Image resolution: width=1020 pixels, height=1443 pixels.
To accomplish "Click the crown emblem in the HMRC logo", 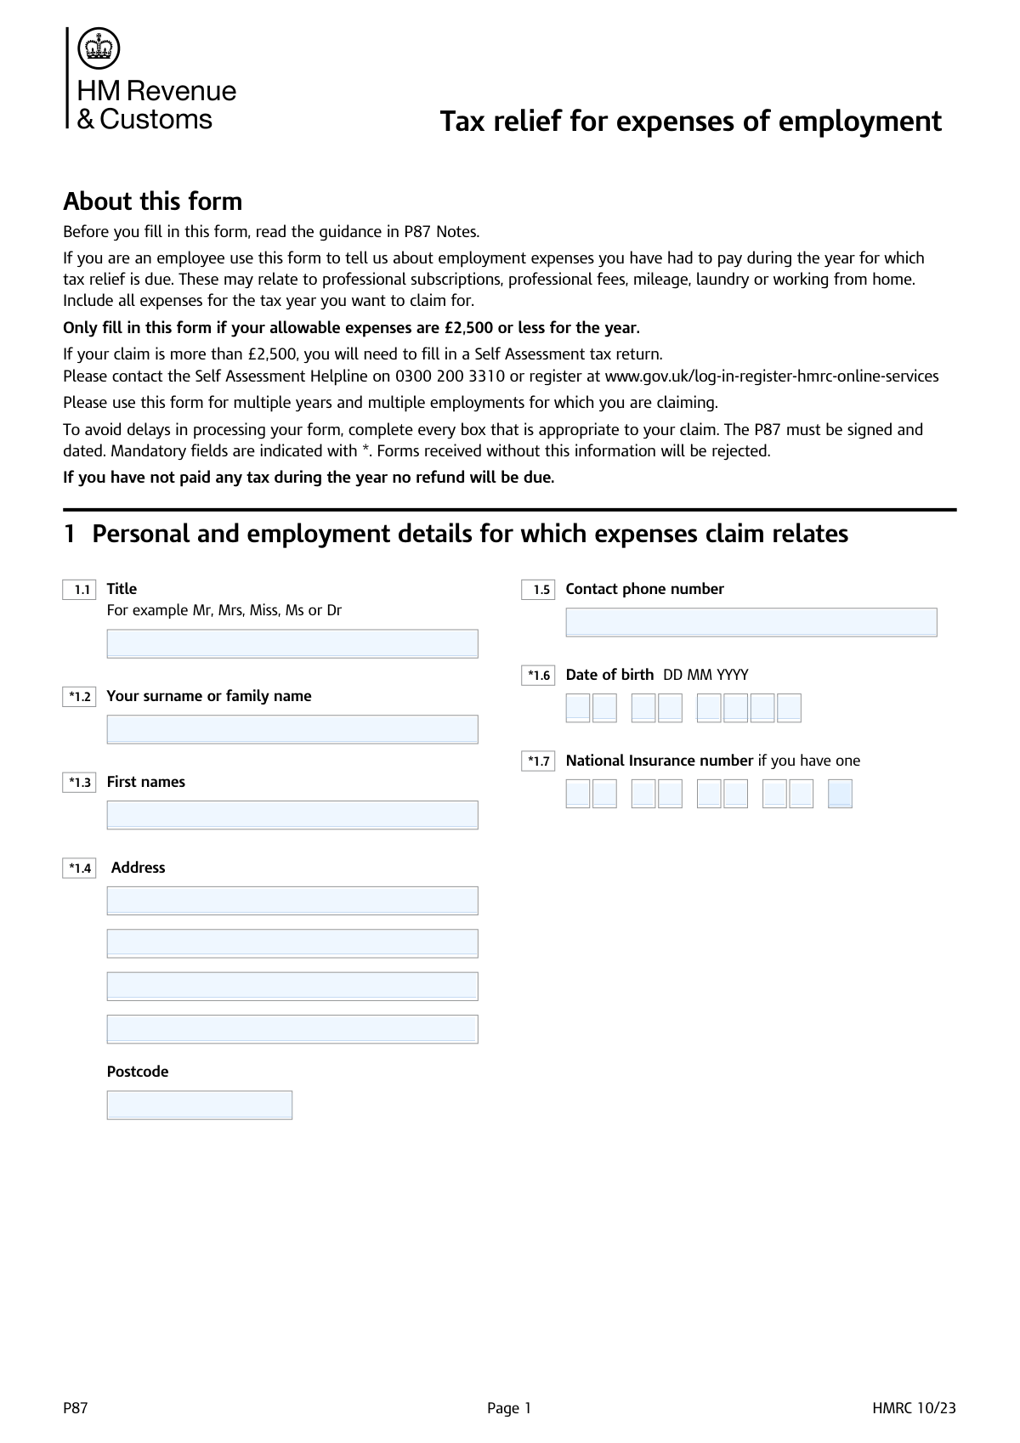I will [99, 48].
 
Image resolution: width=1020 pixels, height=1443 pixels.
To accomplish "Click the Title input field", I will [292, 643].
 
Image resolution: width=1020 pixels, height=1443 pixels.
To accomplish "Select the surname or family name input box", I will [292, 729].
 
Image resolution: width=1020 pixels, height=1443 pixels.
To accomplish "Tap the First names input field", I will [292, 815].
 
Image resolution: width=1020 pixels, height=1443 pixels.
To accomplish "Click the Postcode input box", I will [200, 1105].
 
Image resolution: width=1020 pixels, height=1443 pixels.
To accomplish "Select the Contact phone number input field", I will [751, 622].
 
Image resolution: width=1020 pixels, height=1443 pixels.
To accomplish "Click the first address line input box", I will [292, 901].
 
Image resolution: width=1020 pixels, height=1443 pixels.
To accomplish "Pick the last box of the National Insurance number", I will [840, 794].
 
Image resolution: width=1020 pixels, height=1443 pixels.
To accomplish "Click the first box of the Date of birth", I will [578, 708].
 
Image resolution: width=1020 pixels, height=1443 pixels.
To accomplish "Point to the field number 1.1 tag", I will [79, 590].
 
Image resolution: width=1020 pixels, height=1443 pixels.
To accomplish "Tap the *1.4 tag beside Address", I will [79, 869].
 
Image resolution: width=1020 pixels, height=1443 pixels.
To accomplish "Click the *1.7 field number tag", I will [538, 761].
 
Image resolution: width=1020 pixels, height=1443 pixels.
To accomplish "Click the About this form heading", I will [153, 201].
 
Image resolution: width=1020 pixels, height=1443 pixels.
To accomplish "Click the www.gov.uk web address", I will [771, 376].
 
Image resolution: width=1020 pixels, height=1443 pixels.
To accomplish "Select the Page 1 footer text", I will [509, 1408].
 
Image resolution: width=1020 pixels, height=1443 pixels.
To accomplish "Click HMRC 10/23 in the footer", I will [914, 1408].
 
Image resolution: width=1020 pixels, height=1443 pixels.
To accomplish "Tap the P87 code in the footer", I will [76, 1408].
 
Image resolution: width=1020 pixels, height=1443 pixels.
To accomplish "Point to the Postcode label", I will [138, 1072].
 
